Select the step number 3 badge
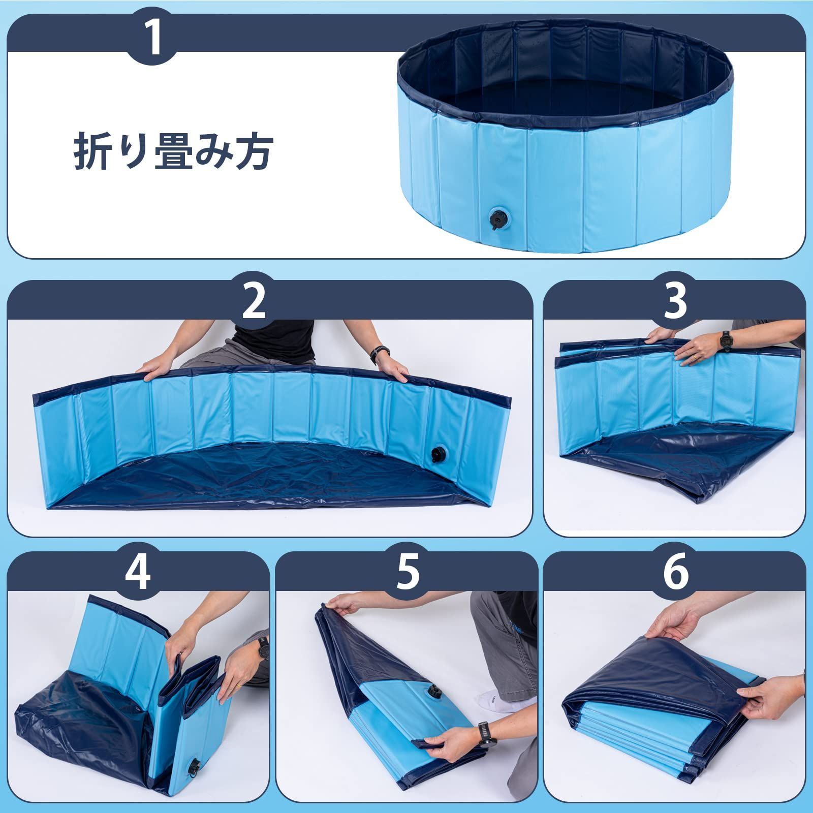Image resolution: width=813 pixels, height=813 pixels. (x=675, y=301)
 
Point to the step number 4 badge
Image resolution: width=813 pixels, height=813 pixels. (x=138, y=573)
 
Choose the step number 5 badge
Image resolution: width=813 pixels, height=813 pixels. (x=407, y=573)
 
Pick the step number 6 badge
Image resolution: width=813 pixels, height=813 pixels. (x=675, y=573)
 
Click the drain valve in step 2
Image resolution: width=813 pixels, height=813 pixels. (x=437, y=454)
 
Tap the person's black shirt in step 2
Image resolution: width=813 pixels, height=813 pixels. (x=274, y=341)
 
